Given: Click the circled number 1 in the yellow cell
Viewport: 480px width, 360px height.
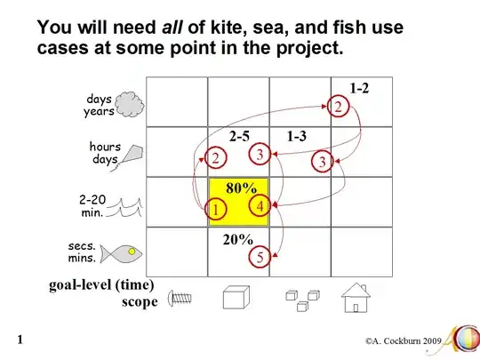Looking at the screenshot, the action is (216, 210).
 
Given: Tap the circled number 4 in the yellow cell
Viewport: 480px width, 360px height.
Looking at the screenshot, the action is (260, 205).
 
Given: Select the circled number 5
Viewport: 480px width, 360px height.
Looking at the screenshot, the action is (260, 257).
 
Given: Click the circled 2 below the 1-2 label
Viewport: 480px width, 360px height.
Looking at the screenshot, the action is (338, 107).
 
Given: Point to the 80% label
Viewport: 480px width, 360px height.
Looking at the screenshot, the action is (241, 188).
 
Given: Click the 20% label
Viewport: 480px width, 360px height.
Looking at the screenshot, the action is (238, 239).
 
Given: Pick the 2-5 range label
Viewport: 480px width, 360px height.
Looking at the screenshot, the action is (239, 136).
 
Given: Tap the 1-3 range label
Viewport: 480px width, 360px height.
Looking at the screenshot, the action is (297, 136).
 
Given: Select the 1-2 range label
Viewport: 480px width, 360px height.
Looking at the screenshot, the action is (359, 88).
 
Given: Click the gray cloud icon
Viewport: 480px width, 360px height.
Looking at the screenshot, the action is (130, 105).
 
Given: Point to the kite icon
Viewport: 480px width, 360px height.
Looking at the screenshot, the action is (129, 157).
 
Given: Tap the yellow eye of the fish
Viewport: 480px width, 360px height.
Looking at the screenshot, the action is (132, 252).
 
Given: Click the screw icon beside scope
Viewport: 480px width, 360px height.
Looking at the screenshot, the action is (180, 298).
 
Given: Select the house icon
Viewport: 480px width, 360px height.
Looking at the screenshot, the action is (356, 298).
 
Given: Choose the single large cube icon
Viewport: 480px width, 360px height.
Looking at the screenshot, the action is (236, 297).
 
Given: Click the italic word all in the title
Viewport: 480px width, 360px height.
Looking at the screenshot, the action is (172, 28).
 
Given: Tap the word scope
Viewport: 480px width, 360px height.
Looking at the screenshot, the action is (140, 302).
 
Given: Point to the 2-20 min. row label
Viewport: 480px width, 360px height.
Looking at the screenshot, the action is (92, 205).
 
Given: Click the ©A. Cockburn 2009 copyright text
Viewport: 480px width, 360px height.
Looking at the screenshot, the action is (403, 341).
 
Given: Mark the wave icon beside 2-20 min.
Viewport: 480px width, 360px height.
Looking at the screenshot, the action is (124, 207).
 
